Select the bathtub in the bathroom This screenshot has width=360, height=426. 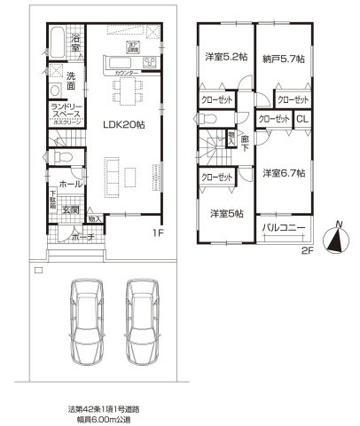click(55, 42)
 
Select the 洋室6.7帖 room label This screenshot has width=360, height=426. click(285, 172)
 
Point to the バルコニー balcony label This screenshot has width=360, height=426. click(285, 230)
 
